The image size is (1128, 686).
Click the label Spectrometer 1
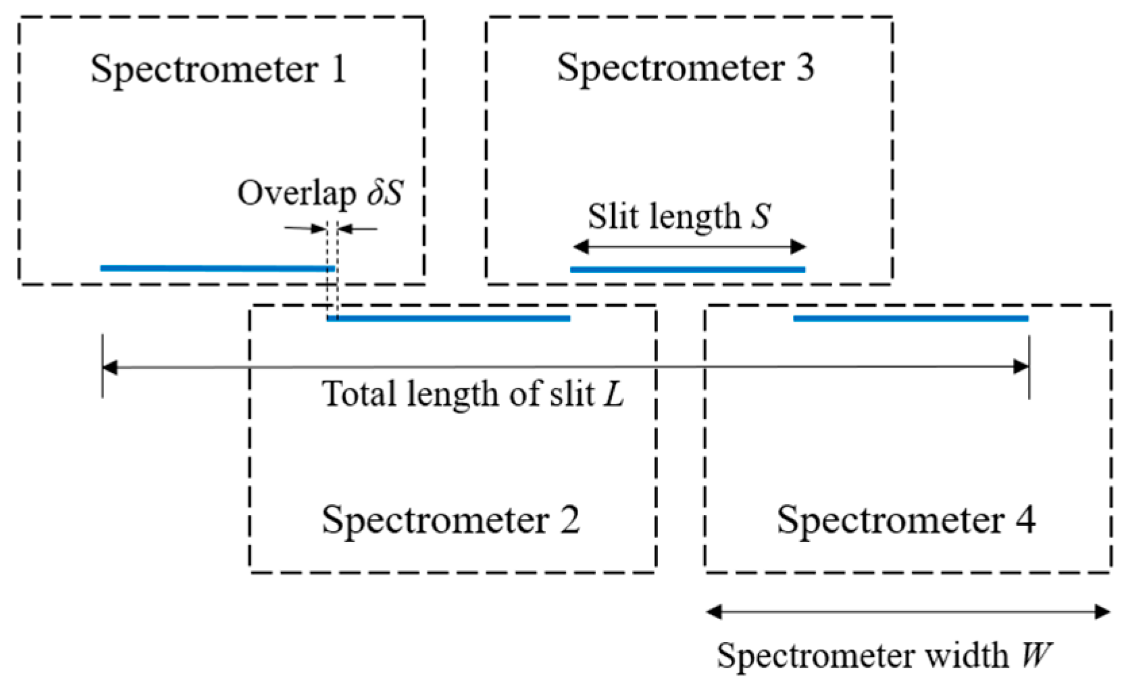pos(218,69)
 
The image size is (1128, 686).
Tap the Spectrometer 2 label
pos(451,519)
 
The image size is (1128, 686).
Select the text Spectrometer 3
pos(685,68)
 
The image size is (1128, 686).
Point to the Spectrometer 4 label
pos(905,519)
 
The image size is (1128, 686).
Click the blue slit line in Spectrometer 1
pos(216,268)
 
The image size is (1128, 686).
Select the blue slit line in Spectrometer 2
pos(448,318)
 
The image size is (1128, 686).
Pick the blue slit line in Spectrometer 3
pos(688,269)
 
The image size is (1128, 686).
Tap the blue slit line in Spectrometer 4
pos(911,318)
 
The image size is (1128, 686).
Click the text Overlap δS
pos(319,193)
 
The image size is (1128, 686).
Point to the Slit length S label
pos(678,216)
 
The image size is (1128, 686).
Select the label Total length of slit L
pos(473,393)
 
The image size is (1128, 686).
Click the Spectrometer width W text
pos(884,655)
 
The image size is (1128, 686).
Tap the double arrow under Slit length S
pos(688,247)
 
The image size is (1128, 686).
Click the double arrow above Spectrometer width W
pos(908,612)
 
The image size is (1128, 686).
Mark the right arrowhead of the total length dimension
pos(1021,367)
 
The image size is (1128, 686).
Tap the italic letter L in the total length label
pos(613,393)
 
